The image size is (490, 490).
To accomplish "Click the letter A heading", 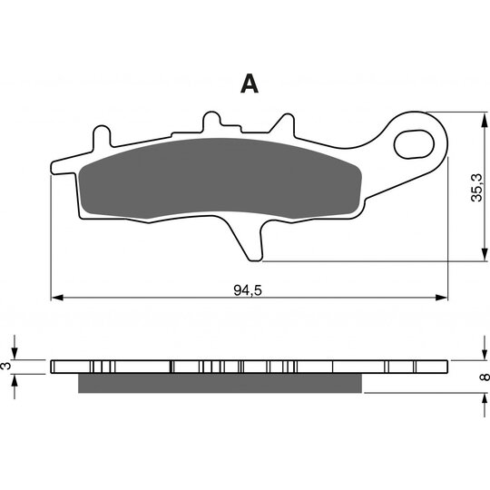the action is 250,83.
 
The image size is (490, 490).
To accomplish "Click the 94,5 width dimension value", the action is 248,290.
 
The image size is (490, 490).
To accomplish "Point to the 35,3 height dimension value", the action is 477,188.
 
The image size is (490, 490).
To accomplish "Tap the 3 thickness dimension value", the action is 6,366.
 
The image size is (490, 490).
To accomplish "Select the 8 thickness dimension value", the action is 485,377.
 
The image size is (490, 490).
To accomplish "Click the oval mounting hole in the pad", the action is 414,144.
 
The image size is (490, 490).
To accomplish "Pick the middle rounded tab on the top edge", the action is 211,121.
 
